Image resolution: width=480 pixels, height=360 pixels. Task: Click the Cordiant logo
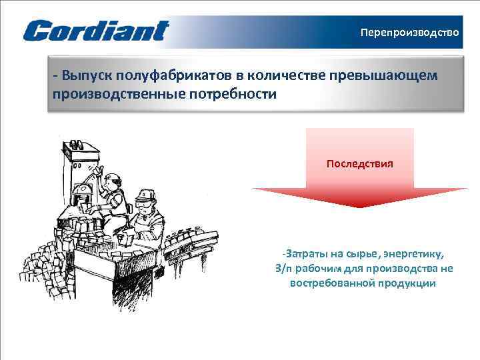(96, 31)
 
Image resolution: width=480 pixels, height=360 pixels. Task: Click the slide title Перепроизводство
(409, 32)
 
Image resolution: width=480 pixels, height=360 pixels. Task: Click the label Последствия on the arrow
(359, 163)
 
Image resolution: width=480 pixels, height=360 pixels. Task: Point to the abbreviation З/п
(283, 269)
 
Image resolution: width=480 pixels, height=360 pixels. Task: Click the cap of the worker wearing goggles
(145, 195)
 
